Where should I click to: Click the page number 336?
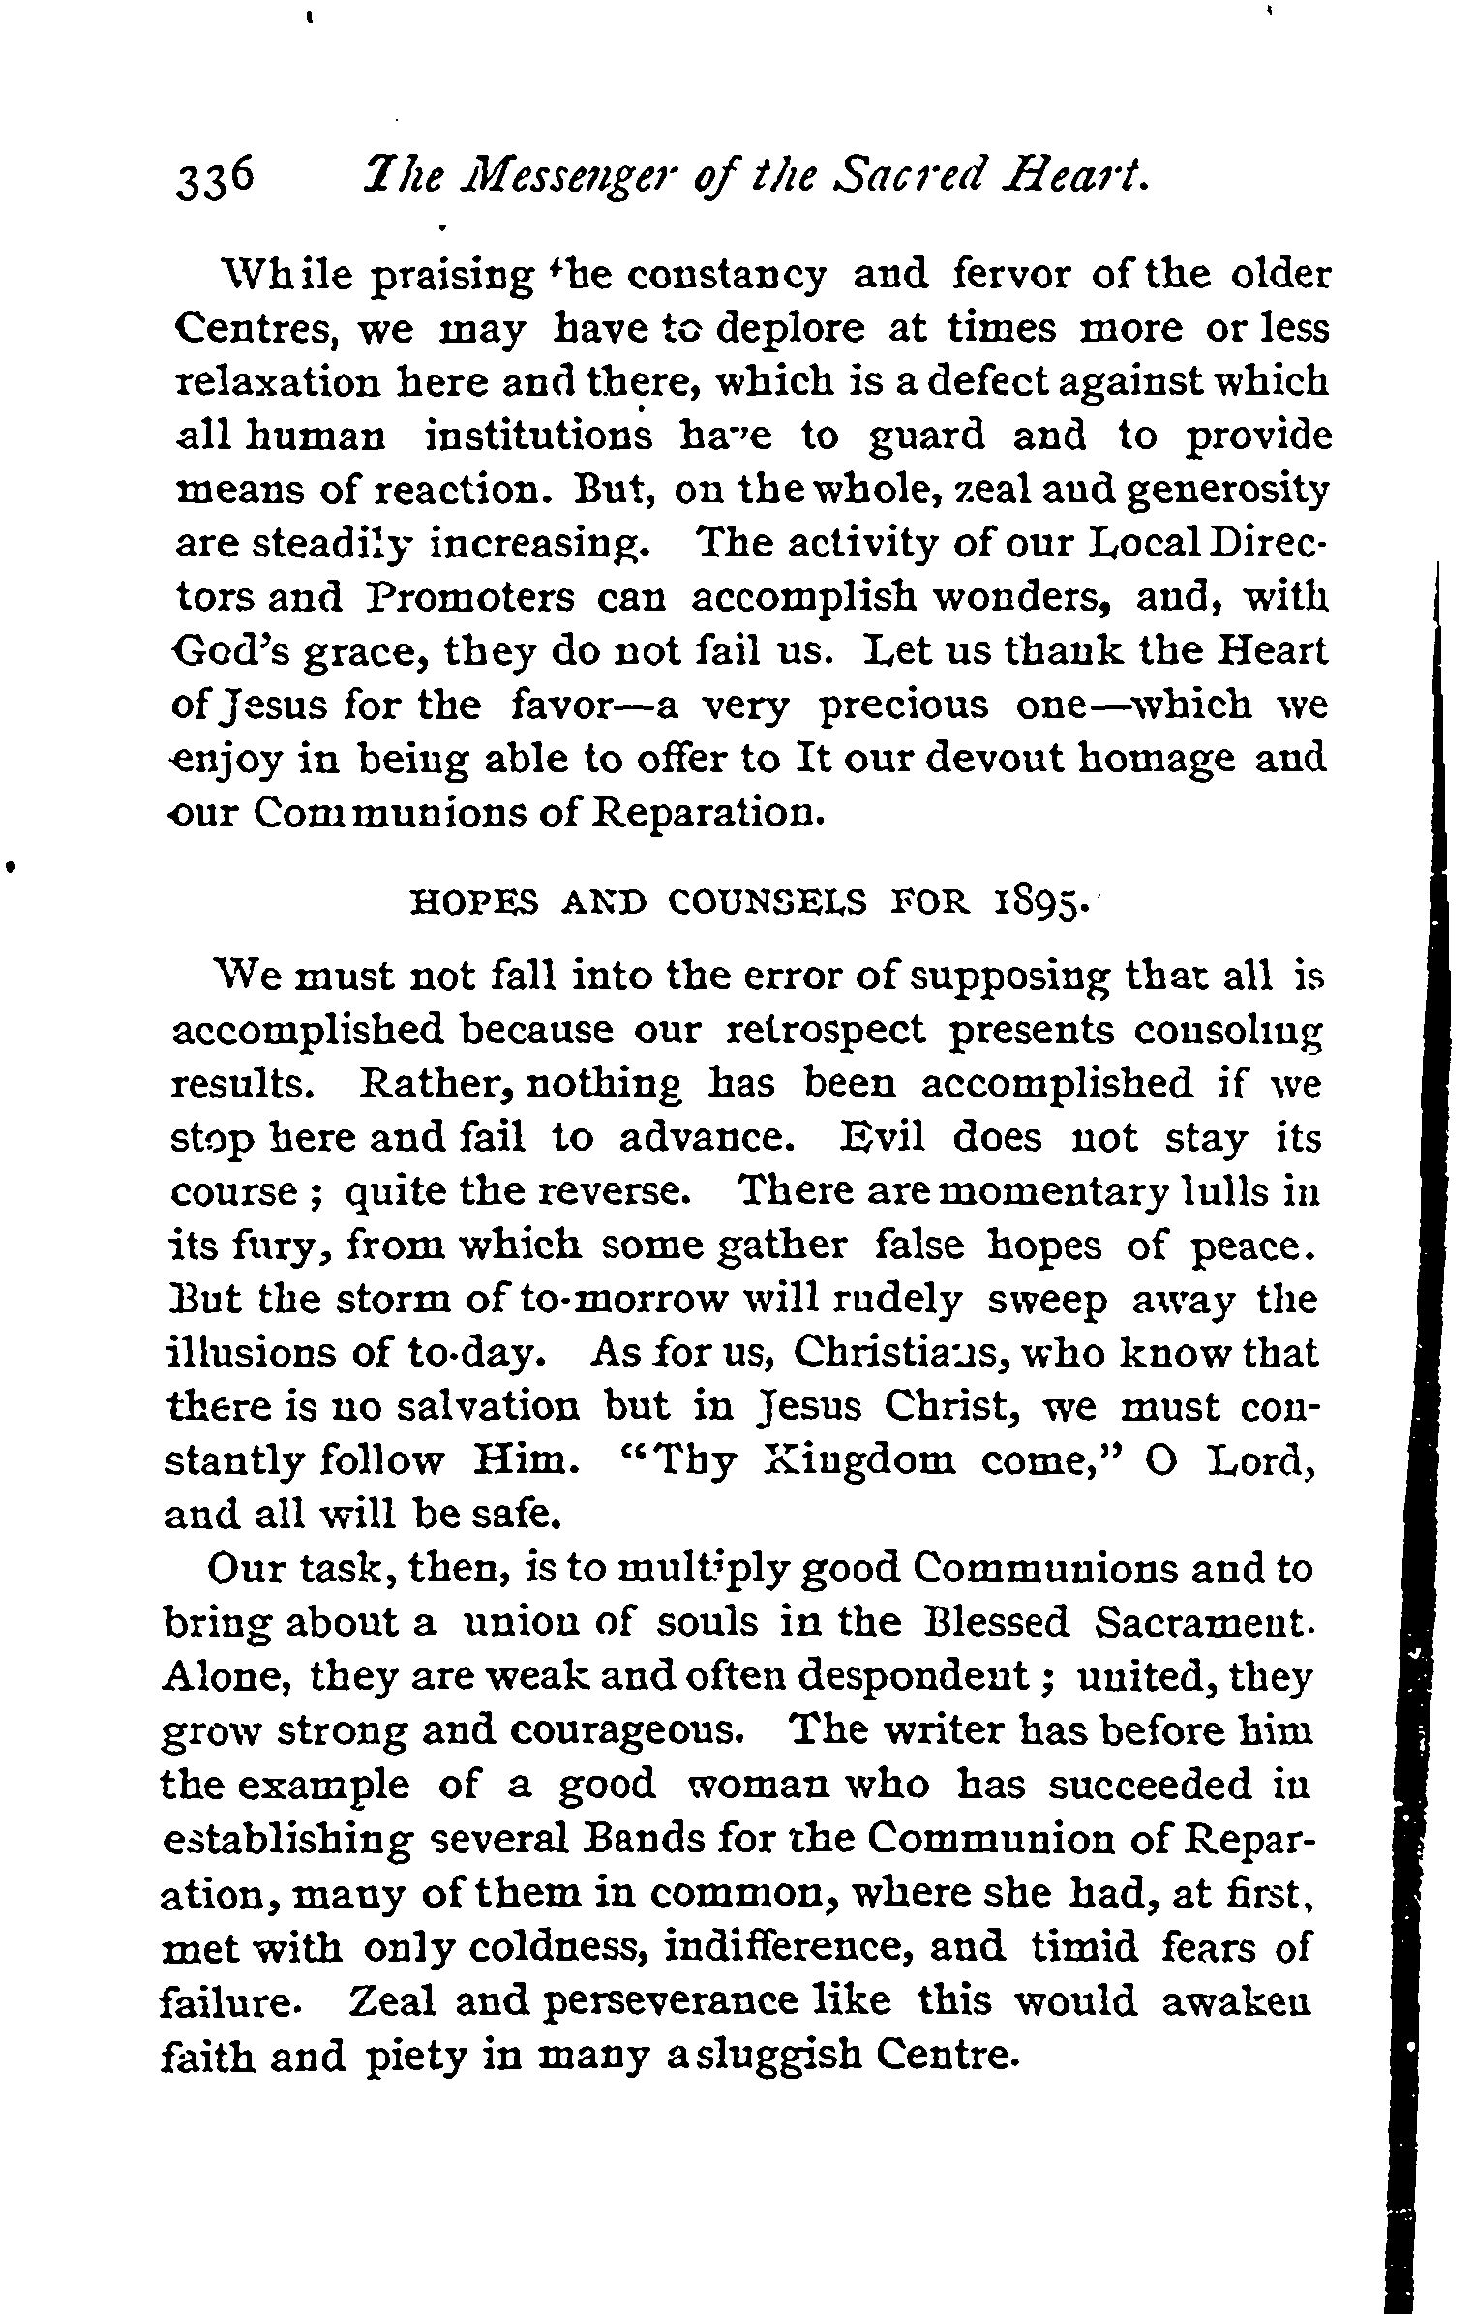[x=216, y=180]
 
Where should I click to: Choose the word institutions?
[x=538, y=436]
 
